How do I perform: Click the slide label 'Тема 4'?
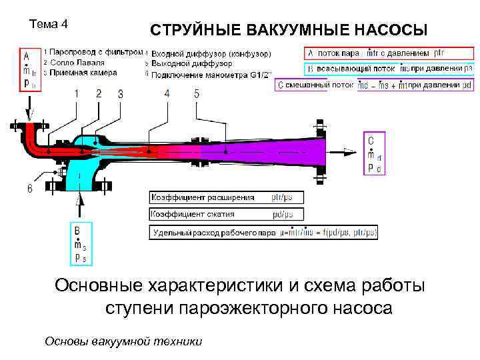pos(49,25)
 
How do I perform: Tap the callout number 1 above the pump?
pos(77,94)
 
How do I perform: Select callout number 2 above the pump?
pos(98,93)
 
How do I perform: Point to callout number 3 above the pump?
pos(120,94)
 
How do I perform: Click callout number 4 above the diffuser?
pos(167,94)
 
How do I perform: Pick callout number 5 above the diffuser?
pos(197,94)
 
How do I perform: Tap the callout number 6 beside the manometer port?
pos(29,189)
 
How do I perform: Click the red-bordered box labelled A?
pos(28,68)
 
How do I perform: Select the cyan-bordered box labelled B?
pos(80,243)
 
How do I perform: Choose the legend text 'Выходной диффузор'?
pos(192,63)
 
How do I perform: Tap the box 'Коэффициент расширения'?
pos(227,197)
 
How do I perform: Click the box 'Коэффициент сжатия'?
pos(227,215)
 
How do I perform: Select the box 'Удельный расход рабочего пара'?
pos(265,233)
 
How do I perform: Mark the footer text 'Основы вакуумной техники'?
pos(123,341)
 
